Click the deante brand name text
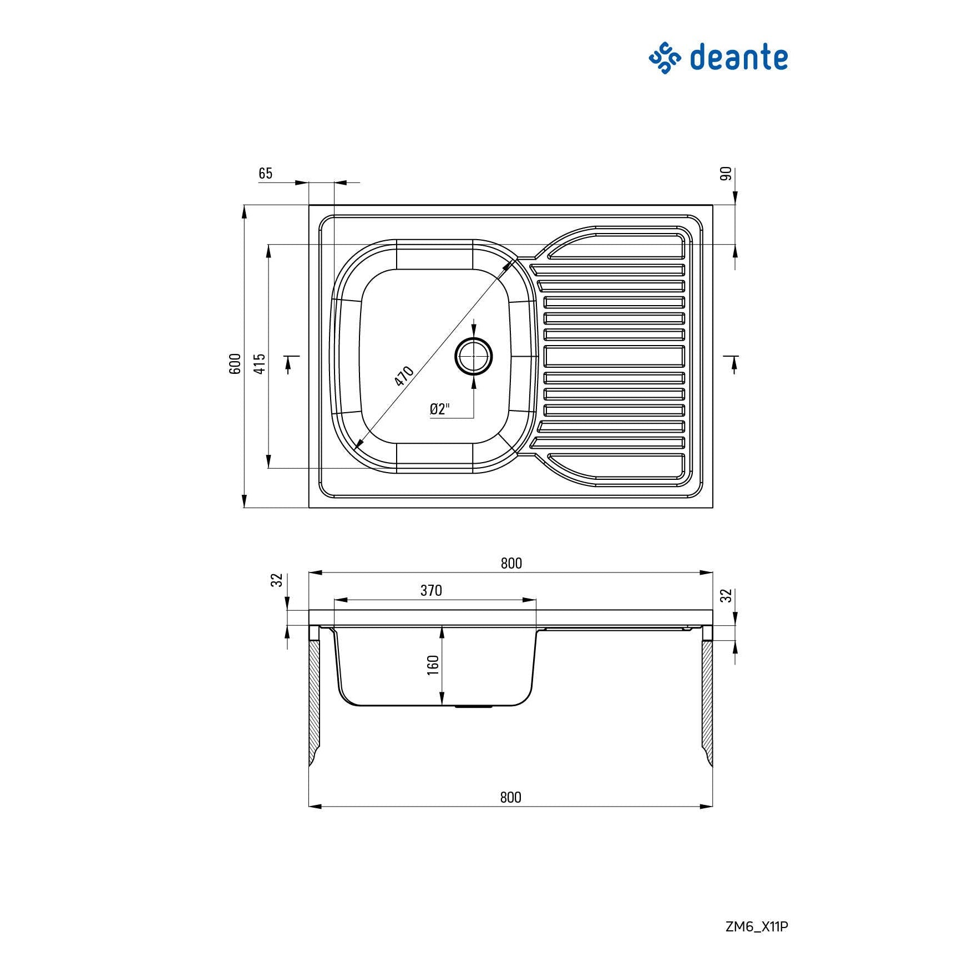[738, 58]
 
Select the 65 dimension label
[266, 174]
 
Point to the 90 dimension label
[726, 174]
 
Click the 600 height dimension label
[235, 363]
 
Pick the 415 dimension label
[260, 363]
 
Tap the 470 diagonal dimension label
[404, 376]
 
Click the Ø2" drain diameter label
[439, 409]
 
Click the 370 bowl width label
[431, 590]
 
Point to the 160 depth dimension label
[433, 665]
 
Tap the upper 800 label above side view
[511, 563]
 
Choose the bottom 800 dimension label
[510, 797]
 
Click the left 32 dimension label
[277, 580]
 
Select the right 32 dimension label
[726, 596]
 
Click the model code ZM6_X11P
[757, 926]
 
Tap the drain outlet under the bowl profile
[474, 707]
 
